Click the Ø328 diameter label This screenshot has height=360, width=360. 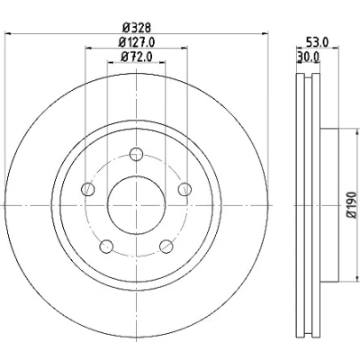pyautogui.click(x=137, y=28)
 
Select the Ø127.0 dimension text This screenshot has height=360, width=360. pyautogui.click(x=137, y=42)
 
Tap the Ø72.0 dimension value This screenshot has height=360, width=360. pyautogui.click(x=137, y=57)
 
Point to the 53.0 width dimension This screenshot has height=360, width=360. pyautogui.click(x=318, y=42)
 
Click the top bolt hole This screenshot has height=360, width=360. pyautogui.click(x=137, y=154)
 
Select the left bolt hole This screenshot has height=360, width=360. pyautogui.click(x=88, y=189)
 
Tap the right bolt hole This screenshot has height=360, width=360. pyautogui.click(x=184, y=189)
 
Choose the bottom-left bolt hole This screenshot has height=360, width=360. pyautogui.click(x=106, y=247)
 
